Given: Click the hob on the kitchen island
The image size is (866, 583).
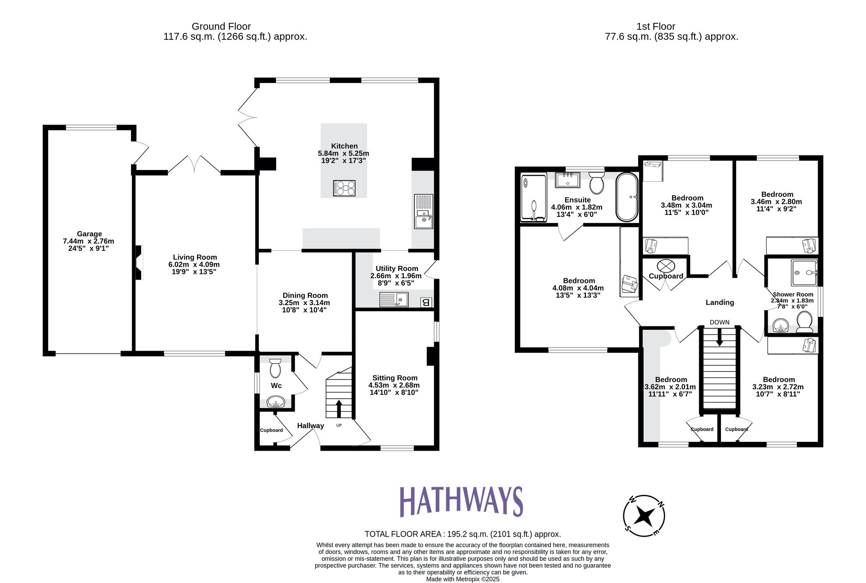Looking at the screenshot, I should pos(344,188).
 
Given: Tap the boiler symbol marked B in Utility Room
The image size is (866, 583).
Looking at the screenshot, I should pos(426,302).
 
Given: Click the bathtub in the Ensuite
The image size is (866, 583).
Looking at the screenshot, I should pos(627,197).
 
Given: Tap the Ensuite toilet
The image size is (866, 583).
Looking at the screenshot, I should pos(597,183).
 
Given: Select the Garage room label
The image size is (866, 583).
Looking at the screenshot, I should pos(89,234).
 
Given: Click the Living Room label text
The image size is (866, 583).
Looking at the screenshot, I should pos(195,257).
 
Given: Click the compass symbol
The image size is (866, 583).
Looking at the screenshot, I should pos(644,516).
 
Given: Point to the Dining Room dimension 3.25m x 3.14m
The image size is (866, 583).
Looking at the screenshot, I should pos(304,303).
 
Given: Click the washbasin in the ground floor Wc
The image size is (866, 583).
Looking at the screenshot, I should pos(276,403).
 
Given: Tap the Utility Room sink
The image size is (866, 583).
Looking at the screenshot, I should pos(394,300).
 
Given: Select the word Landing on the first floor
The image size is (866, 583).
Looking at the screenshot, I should pos(720,302).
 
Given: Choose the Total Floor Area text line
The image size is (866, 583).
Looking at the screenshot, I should pos(462,534).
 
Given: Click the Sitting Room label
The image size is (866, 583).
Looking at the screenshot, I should pos(394,378).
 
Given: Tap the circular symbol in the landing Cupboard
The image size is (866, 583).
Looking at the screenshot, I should pos(666,265).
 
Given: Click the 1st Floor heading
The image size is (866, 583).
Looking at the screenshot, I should pos(656,26).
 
